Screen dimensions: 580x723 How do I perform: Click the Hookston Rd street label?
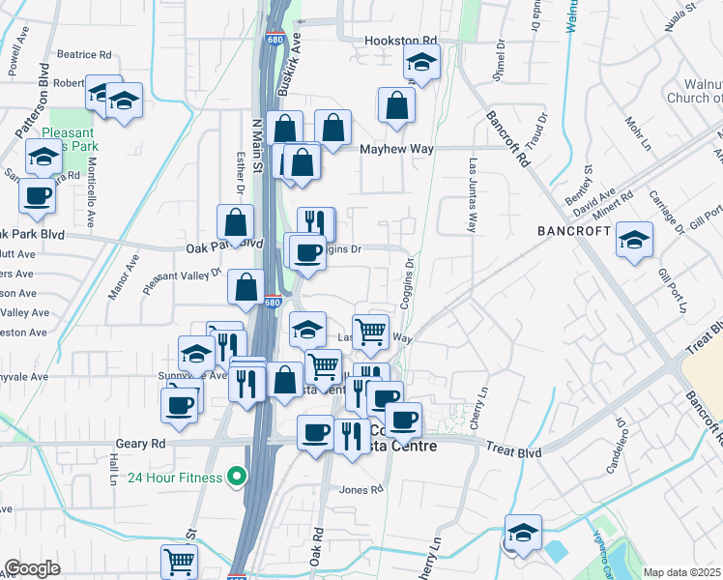pos(400,42)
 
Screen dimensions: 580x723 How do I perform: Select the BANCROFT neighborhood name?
pos(574,231)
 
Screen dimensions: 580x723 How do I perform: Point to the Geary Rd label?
pos(144,442)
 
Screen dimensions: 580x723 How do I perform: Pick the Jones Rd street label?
pos(362,490)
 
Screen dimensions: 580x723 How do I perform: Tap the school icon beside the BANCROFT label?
pos(634,241)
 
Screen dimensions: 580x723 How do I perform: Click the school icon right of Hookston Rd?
pos(421,64)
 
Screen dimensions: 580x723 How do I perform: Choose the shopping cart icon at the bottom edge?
pos(180,560)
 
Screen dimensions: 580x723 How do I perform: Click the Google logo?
pos(31,568)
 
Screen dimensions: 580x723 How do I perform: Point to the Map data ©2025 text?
pos(682,572)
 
